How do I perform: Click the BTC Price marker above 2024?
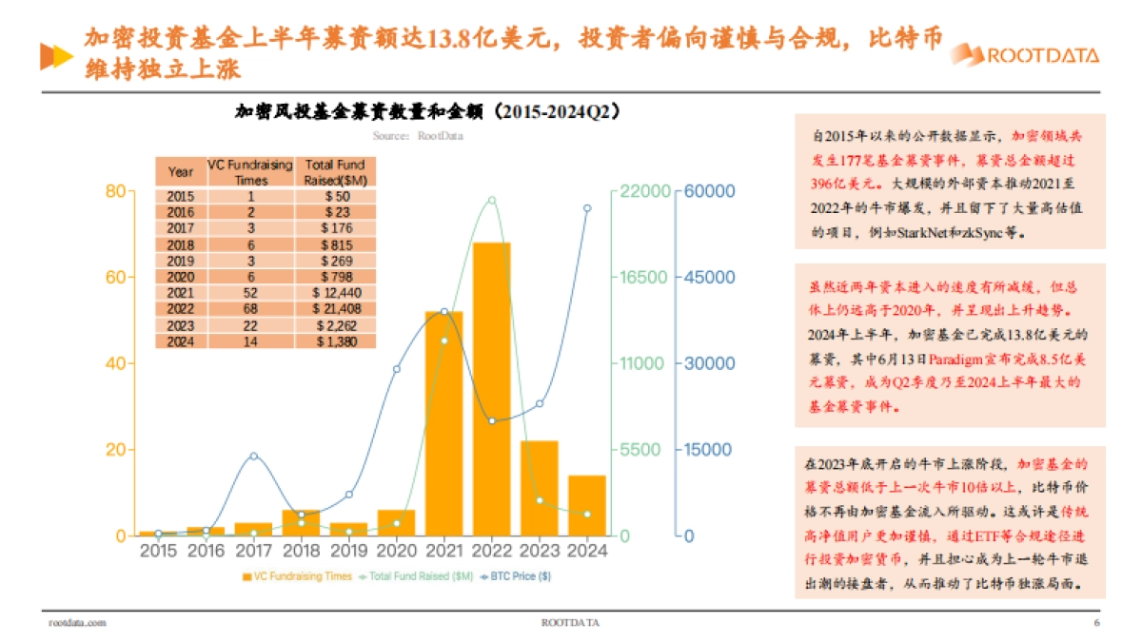click(x=587, y=207)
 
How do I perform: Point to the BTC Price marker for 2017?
click(x=253, y=456)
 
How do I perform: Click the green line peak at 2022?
click(x=492, y=200)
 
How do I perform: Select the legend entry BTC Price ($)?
click(x=518, y=575)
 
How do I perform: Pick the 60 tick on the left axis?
click(x=115, y=278)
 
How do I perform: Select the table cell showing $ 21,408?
click(x=335, y=308)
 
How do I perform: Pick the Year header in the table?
click(x=180, y=172)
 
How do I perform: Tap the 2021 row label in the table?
click(x=180, y=292)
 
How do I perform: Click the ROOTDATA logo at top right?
click(x=1026, y=55)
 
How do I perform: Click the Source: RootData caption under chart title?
click(x=418, y=135)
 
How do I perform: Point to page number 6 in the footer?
click(x=1096, y=623)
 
